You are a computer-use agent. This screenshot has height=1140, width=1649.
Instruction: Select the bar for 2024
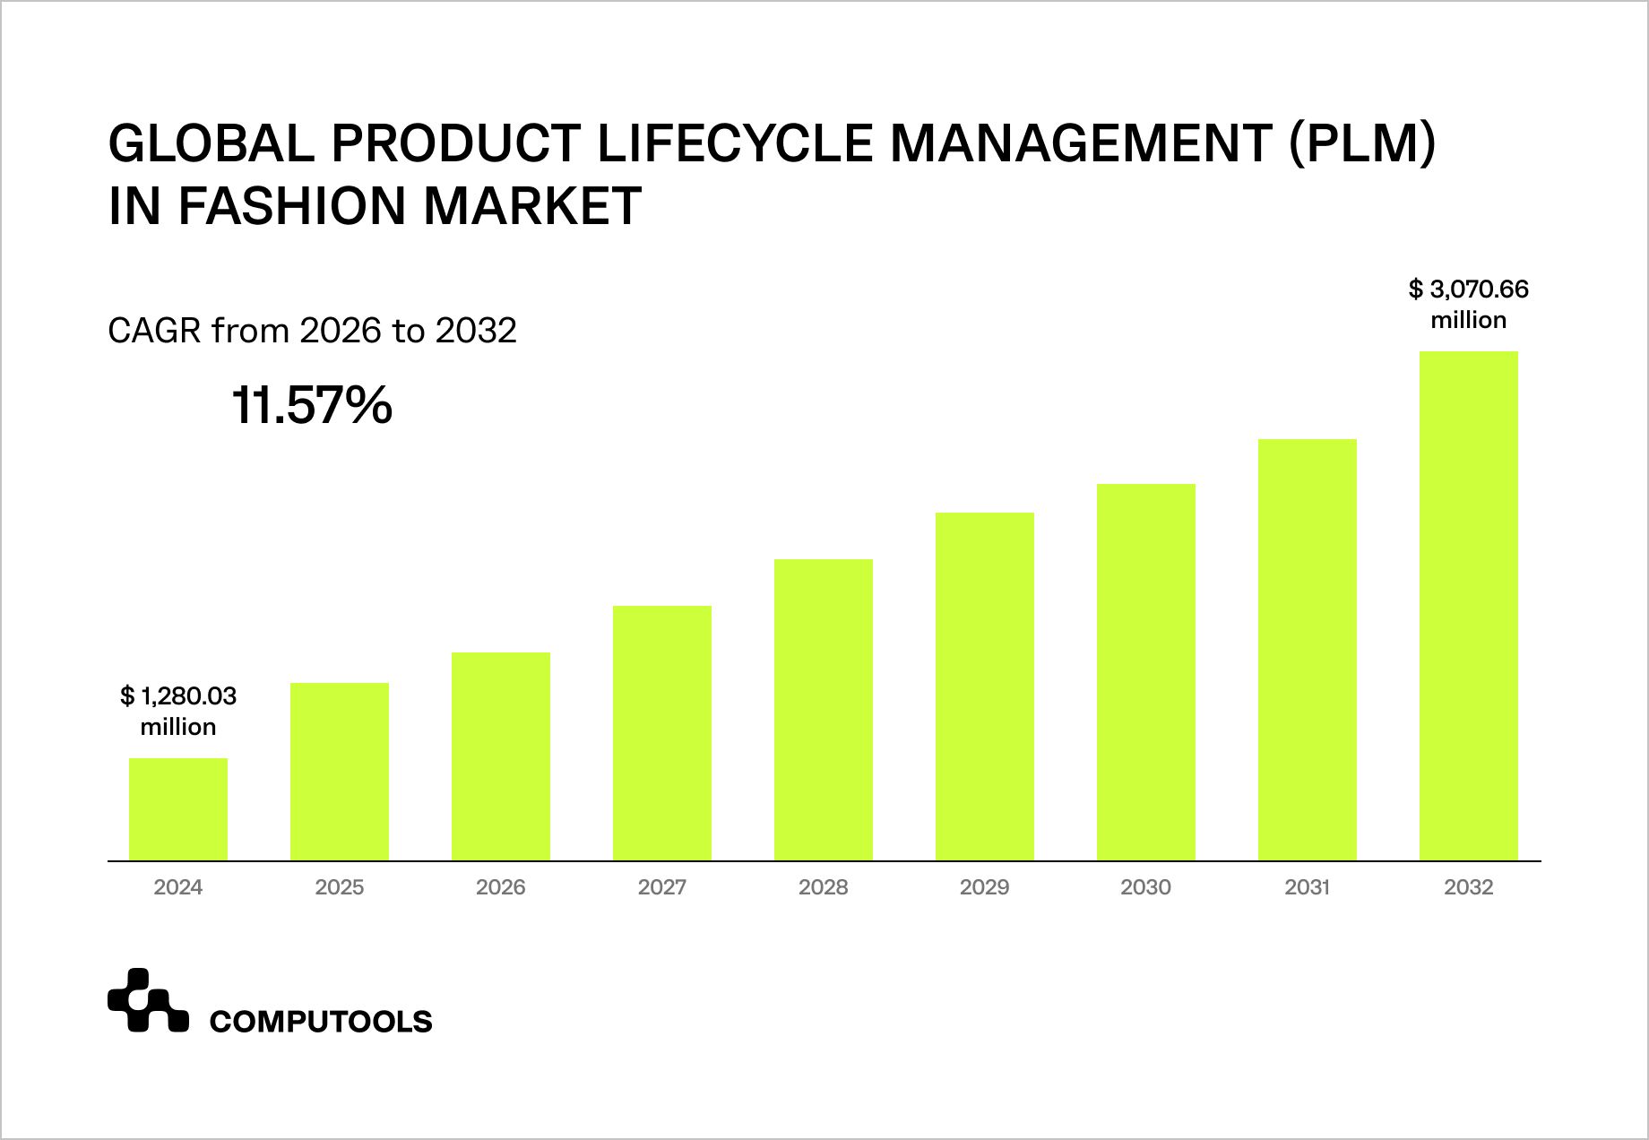[178, 809]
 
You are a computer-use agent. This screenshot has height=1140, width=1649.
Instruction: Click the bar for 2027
[662, 733]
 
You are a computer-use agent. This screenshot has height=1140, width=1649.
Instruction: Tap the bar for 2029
[985, 687]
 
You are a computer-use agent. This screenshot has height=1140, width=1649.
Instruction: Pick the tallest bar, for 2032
[1469, 606]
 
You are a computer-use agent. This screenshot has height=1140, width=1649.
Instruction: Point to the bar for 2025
[340, 772]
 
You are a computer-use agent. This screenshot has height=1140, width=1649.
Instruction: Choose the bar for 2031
[1308, 650]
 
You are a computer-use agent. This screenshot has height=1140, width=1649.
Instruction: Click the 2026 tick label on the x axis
[501, 887]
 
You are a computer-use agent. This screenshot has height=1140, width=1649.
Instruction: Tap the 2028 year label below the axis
[824, 887]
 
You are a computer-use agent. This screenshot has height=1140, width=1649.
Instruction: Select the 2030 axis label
[1145, 887]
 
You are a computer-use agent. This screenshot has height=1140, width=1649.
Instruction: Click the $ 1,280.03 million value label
[178, 711]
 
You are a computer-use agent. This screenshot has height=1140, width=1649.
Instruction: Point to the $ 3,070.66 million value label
[1468, 305]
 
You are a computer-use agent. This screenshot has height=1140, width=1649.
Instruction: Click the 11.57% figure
[312, 406]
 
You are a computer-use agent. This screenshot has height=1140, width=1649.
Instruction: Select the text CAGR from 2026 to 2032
[312, 331]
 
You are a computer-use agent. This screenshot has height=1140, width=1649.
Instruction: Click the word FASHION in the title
[295, 205]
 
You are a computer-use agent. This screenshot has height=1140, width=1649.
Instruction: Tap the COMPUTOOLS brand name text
[320, 1021]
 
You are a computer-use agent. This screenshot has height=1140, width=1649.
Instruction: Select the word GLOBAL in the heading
[212, 142]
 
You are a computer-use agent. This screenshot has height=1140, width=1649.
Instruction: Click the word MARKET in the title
[532, 205]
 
